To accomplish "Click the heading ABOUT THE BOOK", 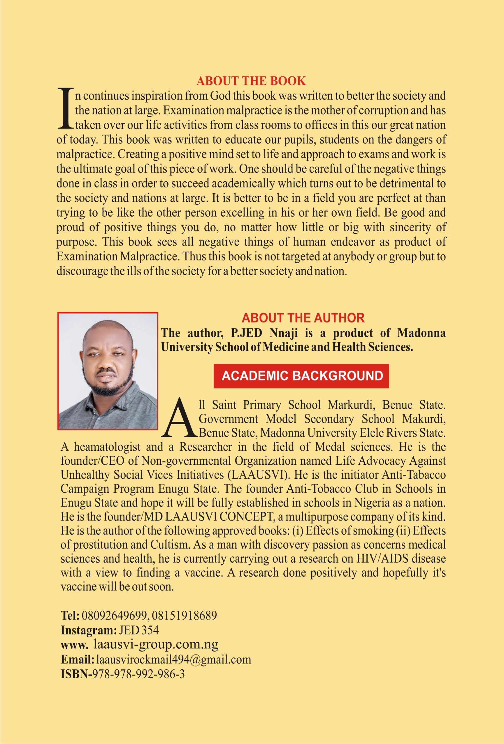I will (251, 81).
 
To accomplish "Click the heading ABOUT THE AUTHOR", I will (303, 318).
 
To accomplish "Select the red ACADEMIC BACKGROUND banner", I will (301, 376).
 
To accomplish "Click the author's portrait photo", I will (108, 371).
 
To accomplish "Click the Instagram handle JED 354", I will (139, 630).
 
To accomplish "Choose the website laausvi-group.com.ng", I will (156, 644).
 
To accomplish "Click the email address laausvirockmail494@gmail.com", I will (174, 659).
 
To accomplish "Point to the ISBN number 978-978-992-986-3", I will (138, 674).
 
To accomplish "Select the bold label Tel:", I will (70, 615).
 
